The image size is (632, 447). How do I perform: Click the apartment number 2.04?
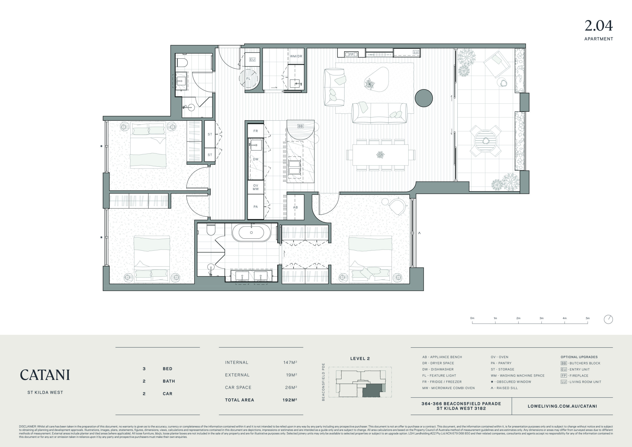pos(599,26)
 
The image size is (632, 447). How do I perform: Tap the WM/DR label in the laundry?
pos(296,56)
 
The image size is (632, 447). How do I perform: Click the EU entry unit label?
pos(252,59)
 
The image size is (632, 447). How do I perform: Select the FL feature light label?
pos(248,78)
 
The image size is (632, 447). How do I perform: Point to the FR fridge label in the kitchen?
pos(256,131)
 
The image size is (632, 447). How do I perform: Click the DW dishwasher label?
pos(256,159)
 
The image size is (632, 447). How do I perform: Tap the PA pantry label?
pos(256,207)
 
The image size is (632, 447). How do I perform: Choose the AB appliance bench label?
pos(295,207)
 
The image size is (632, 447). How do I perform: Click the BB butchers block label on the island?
pos(301,126)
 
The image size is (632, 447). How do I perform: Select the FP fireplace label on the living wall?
pos(351,55)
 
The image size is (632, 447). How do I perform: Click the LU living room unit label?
pos(416,52)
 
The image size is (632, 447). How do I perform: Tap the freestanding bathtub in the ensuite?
pos(251,233)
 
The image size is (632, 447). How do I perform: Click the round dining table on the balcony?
pos(486,141)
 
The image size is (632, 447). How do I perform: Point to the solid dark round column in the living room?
pos(424,98)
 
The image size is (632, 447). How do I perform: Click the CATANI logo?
pos(45,375)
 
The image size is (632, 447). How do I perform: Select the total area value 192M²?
pos(290,400)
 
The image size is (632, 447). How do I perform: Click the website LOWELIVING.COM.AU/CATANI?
pos(562,406)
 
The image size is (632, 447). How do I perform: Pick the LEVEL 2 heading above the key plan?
pos(360,359)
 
